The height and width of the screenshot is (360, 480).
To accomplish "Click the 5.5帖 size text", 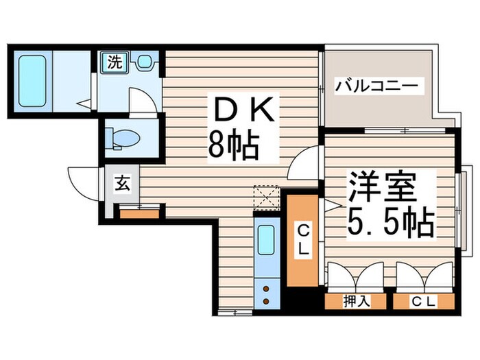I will (x=389, y=223).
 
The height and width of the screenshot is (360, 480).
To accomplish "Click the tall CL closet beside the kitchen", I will (x=302, y=241).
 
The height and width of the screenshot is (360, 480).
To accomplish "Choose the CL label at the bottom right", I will (x=424, y=300).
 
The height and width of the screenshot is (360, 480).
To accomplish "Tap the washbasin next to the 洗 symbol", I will (x=144, y=62).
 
